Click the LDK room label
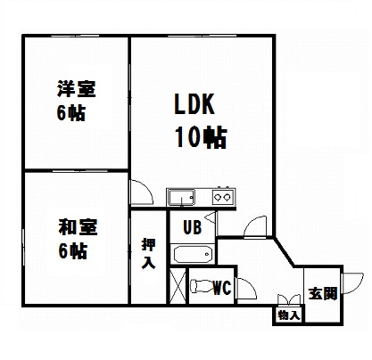(194, 104)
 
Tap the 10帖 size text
(201, 136)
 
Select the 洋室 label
(77, 88)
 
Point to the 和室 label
(78, 227)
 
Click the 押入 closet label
(148, 253)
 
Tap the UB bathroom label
(193, 227)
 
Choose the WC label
(222, 287)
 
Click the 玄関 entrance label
(323, 293)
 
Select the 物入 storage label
(288, 315)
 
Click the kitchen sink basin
(181, 197)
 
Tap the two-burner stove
(223, 196)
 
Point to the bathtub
(194, 254)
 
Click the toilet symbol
(203, 286)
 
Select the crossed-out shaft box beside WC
(178, 285)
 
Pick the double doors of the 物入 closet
(289, 299)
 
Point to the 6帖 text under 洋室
(71, 113)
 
